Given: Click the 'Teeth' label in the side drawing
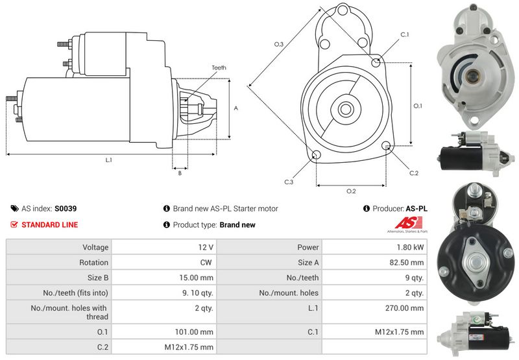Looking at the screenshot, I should pos(219,67).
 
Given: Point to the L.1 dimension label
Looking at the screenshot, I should pos(109,160).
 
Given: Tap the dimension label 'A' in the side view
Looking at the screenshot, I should pos(235,108).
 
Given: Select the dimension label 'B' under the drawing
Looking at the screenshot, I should pos(179,173).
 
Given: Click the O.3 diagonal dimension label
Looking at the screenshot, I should pos(278,44).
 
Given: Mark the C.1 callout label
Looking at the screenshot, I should pos(405,34).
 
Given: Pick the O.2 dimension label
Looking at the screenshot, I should pos(351,191).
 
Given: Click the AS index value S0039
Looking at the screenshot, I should pos(65,209).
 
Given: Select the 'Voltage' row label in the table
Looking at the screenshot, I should pos(95,247).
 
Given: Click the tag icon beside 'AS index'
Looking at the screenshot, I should pos(14,209).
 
